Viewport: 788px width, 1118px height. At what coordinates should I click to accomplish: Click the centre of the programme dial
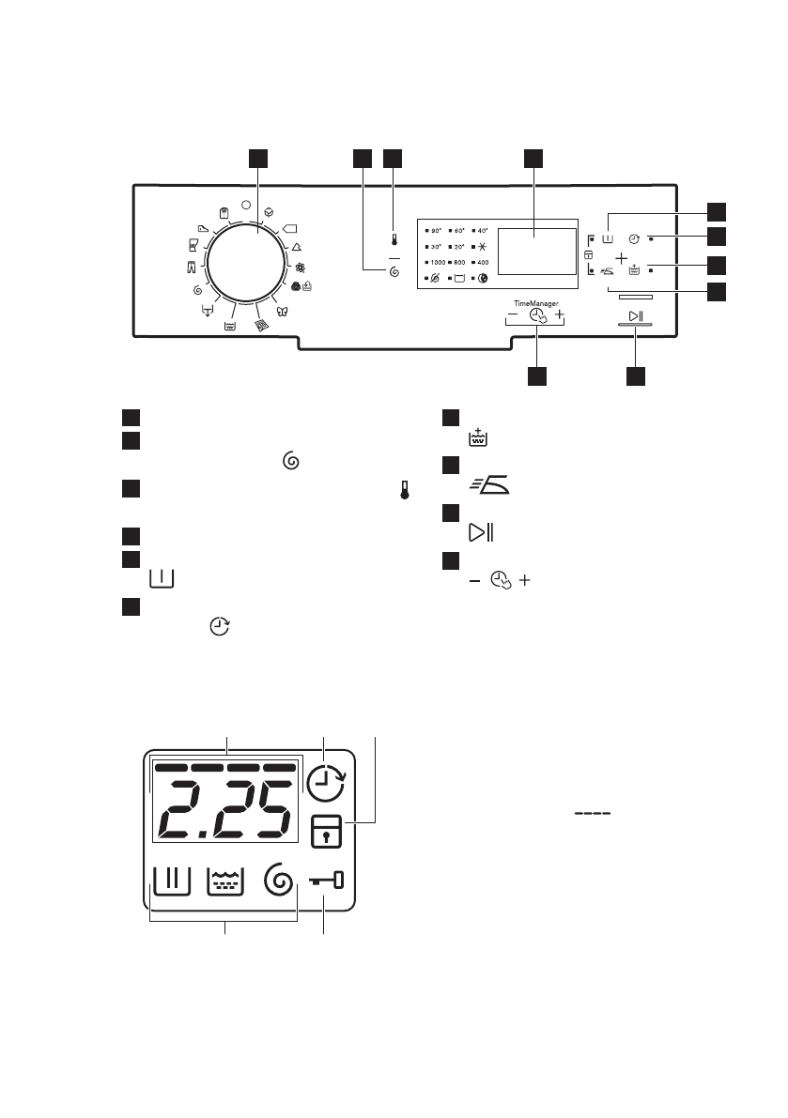(x=246, y=263)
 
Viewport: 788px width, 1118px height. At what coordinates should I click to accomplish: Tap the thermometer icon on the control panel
(x=394, y=240)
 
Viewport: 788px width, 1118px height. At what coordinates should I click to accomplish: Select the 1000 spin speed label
(x=436, y=262)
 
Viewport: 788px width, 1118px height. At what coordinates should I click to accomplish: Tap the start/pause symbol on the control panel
(x=636, y=314)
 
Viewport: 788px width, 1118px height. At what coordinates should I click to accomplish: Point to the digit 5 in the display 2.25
(x=263, y=809)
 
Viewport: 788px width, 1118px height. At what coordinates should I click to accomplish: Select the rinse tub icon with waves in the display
(x=224, y=881)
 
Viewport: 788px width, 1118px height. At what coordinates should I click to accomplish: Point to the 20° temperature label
(x=459, y=246)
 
